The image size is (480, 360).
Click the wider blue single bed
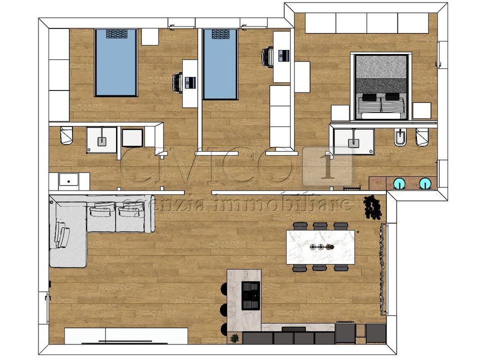pos(115,63)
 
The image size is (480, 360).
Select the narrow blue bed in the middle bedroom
pos(220,64)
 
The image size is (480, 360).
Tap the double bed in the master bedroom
pos(380,86)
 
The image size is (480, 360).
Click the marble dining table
pos(320,246)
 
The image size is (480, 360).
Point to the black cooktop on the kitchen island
pos(250,295)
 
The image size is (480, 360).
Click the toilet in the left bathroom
pos(66,135)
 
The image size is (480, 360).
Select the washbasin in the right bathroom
pos(353,141)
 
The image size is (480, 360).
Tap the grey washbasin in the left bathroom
pos(102,141)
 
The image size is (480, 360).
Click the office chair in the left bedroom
pos(177,82)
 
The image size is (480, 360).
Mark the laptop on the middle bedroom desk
pos(284,55)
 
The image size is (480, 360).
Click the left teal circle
pos(399,183)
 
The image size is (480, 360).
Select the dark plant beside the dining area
pos(372,207)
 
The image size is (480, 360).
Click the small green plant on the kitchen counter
pos(235,338)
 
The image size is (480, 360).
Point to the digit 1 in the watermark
pos(328,167)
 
